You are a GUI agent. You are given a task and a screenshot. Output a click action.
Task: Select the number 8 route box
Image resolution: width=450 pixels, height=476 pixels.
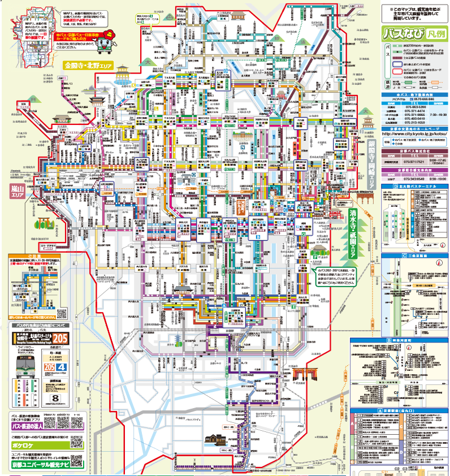tap(55, 399)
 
